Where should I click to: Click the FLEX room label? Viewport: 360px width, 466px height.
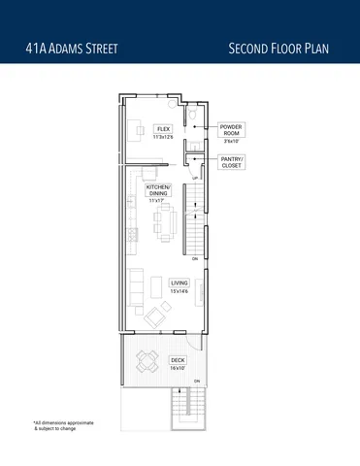163,127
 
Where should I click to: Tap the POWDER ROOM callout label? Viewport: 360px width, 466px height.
231,131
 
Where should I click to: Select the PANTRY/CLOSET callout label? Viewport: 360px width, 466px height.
232,162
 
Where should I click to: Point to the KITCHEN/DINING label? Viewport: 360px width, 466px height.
158,190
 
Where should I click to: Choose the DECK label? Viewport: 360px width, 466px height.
177,359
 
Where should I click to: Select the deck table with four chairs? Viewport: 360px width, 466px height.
148,361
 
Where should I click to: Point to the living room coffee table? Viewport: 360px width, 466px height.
161,283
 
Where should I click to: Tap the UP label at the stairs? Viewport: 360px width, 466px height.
195,179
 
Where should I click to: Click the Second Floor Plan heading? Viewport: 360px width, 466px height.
280,47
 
